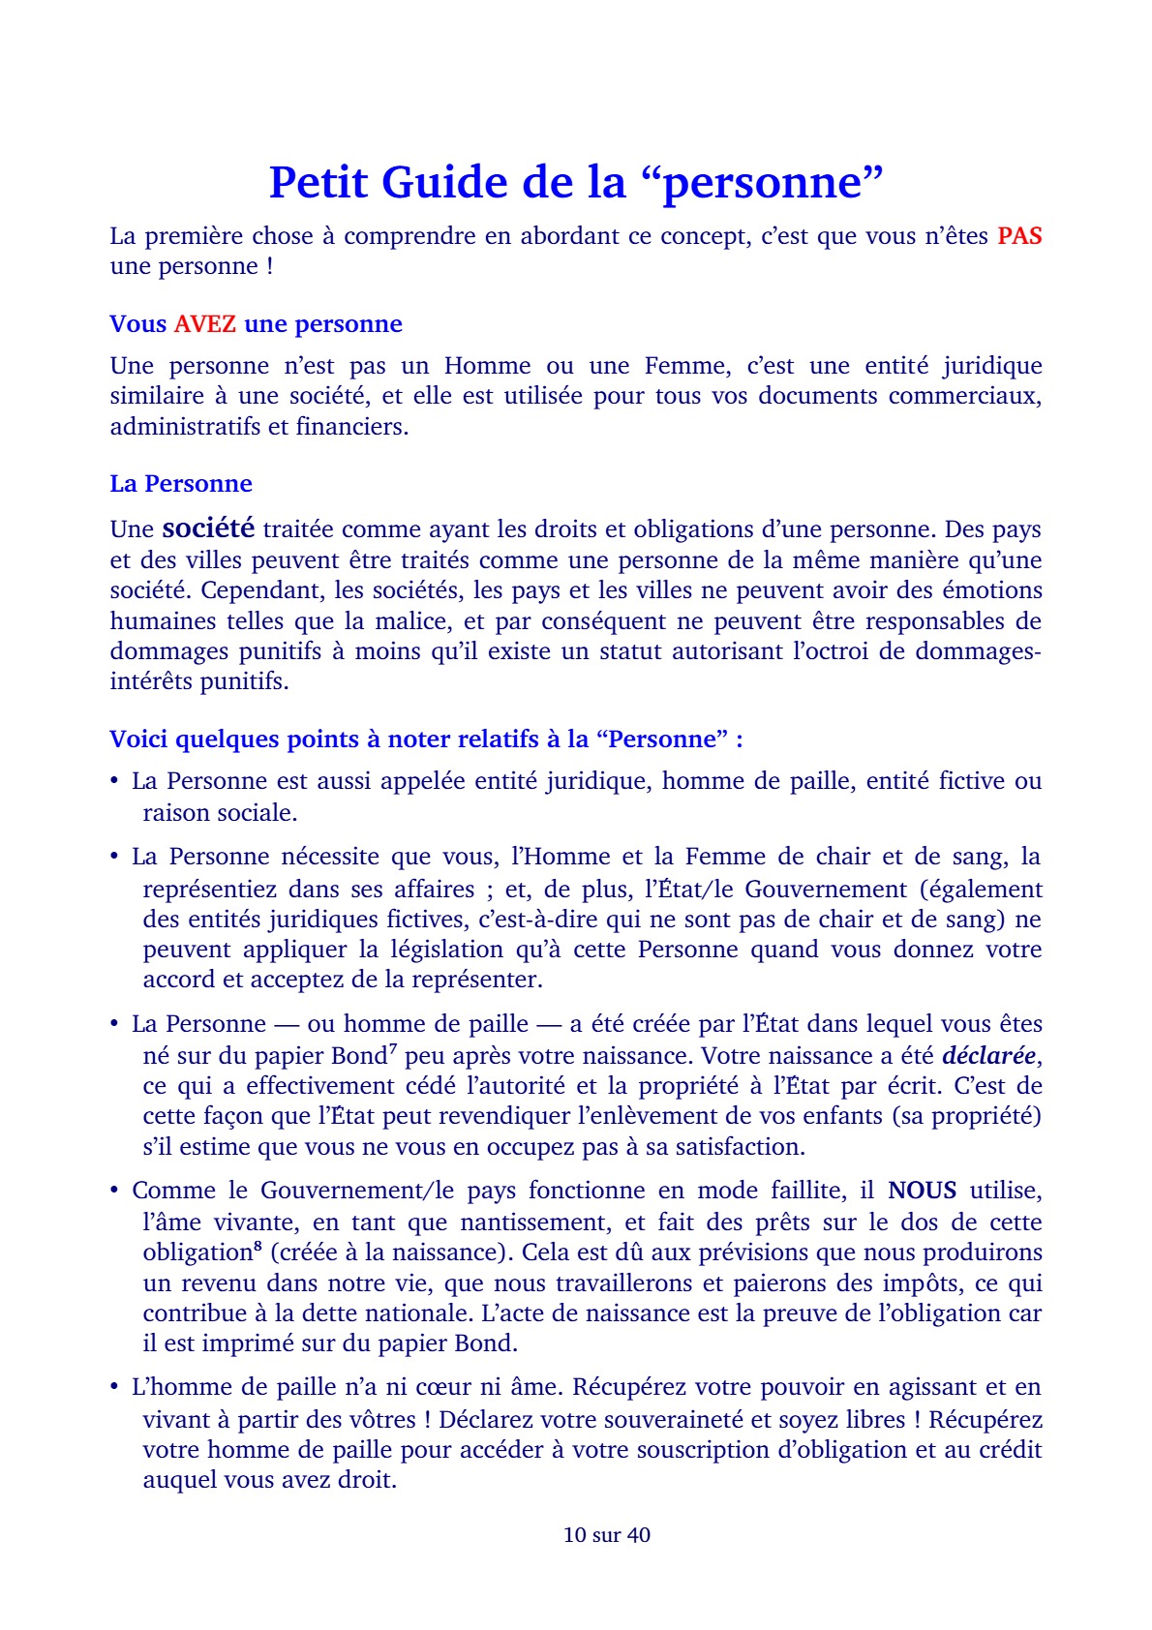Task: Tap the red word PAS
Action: point(1019,236)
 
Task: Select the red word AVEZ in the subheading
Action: point(204,324)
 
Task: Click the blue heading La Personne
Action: point(181,484)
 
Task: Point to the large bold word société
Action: point(208,528)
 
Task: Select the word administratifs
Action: point(184,427)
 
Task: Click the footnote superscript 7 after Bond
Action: point(393,1048)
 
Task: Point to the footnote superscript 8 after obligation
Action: point(257,1246)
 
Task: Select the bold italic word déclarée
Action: point(988,1055)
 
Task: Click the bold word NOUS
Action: point(922,1191)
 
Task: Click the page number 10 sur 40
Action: point(607,1535)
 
